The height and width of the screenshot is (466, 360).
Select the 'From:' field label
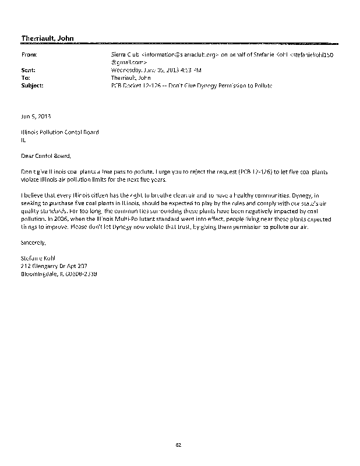[x=29, y=54]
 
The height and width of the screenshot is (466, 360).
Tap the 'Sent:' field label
[x=28, y=69]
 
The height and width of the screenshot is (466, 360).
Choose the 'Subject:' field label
[x=32, y=85]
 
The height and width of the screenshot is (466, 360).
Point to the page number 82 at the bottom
[x=179, y=446]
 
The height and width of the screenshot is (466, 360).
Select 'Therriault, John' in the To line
[x=131, y=77]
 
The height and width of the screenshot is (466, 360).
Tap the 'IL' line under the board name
[x=23, y=140]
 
